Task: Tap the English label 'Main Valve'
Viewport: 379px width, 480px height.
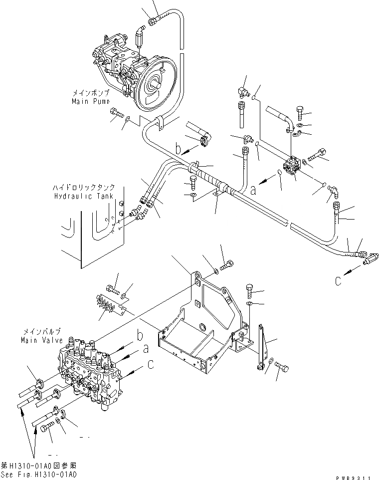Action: coord(42,340)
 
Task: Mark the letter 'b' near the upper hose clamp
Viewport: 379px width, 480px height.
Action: coord(178,148)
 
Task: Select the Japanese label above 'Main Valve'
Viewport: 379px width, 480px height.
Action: coord(42,332)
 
